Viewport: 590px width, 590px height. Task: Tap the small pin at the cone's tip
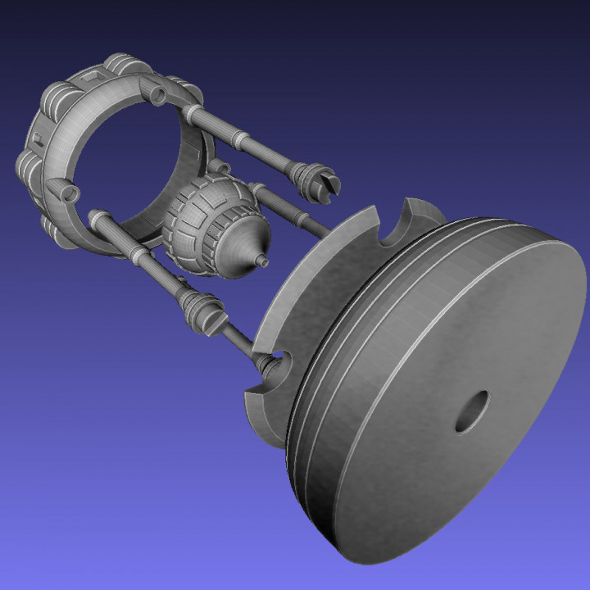[x=262, y=261]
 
